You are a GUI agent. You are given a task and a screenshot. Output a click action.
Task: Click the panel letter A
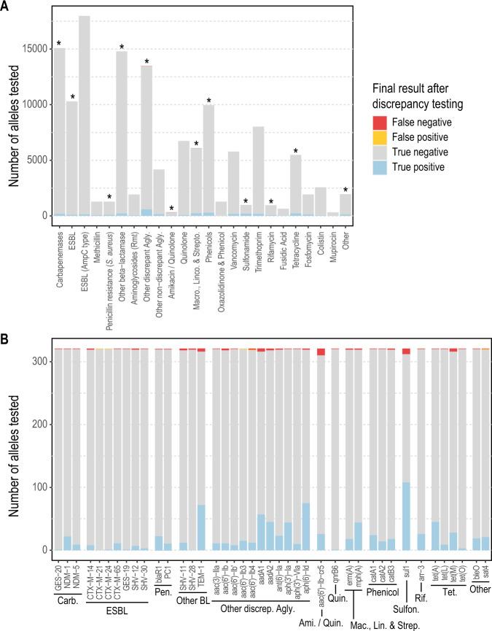(x=7, y=7)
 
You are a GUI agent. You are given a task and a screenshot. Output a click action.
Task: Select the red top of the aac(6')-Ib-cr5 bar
(x=321, y=352)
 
